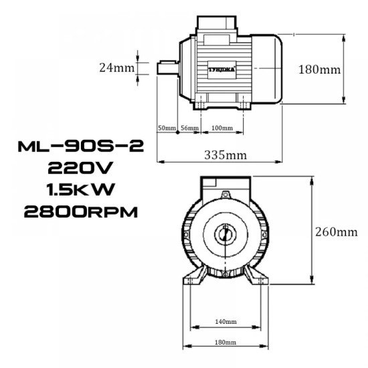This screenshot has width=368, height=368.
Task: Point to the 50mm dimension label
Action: (x=166, y=127)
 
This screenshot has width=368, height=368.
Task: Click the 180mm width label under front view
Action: (x=225, y=342)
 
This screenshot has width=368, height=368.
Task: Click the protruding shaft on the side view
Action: (x=167, y=68)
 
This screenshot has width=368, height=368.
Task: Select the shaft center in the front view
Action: (x=225, y=236)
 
